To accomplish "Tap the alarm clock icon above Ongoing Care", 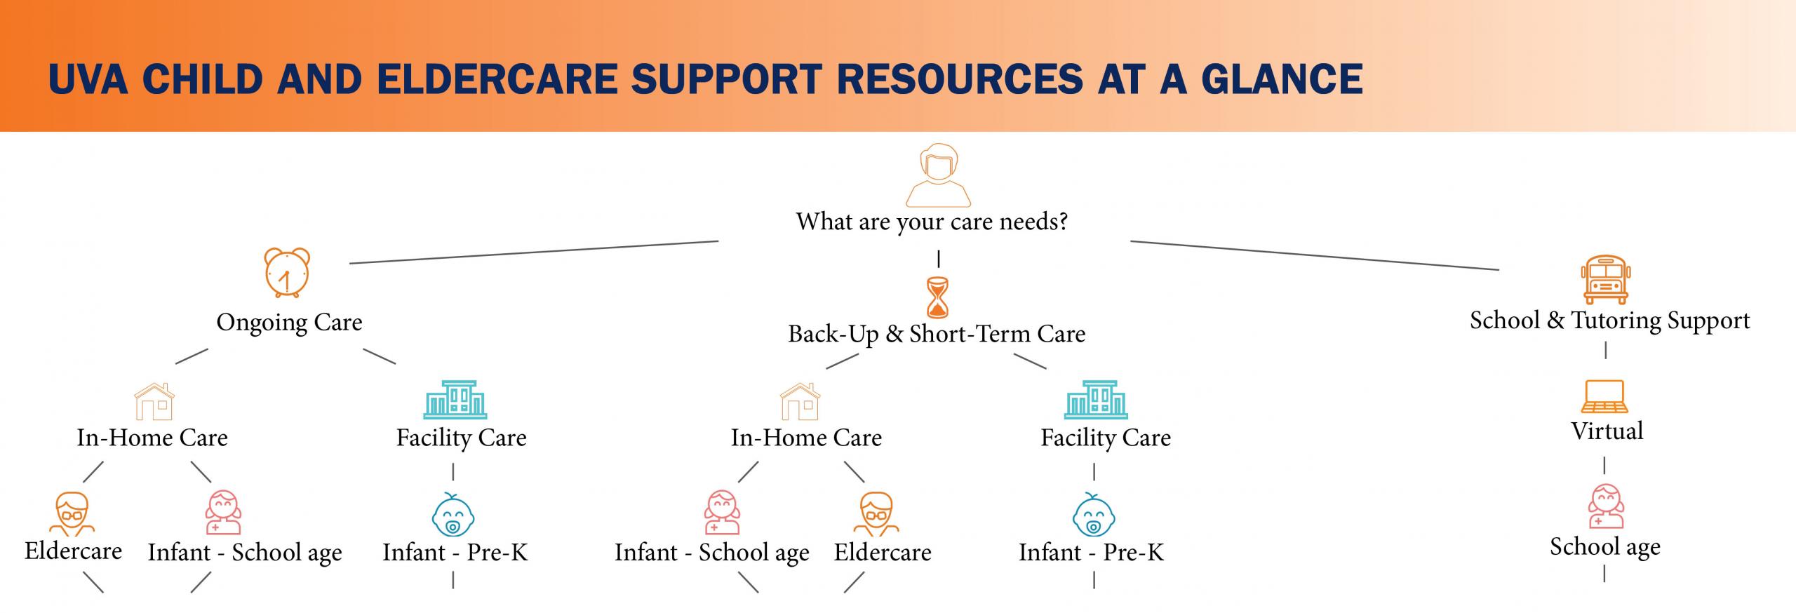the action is click(x=287, y=273).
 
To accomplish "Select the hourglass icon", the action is click(x=937, y=297).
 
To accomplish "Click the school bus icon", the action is click(x=1605, y=280).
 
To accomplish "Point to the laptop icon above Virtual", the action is click(x=1604, y=396).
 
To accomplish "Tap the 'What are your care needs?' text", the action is click(x=932, y=222).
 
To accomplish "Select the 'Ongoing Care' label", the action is click(x=289, y=323).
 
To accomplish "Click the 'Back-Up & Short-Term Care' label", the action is click(x=937, y=335).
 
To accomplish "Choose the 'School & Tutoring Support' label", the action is click(x=1610, y=321).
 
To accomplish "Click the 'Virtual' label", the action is click(x=1607, y=431).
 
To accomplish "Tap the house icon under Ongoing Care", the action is click(x=154, y=401).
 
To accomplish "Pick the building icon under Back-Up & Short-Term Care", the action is click(x=1096, y=400).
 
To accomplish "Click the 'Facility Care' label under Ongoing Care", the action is click(x=461, y=438).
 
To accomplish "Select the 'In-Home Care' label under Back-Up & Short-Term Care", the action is click(x=806, y=438).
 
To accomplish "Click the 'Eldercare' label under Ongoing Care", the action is click(x=73, y=551).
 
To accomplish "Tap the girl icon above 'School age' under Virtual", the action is click(x=1605, y=506).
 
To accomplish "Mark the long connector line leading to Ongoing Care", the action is click(x=534, y=252).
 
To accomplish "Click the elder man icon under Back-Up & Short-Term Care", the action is click(x=876, y=514).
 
